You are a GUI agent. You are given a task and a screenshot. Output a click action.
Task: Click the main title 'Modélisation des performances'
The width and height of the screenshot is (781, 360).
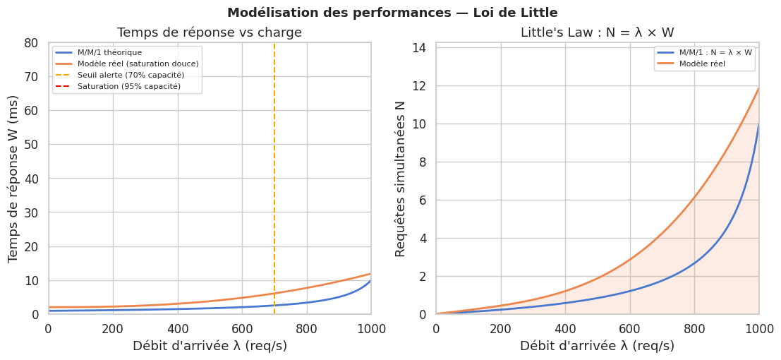pos(392,13)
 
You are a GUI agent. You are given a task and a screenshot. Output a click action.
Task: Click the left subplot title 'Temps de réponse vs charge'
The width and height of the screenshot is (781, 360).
pos(210,32)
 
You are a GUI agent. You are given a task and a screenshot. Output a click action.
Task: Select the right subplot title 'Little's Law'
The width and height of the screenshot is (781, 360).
pos(597,32)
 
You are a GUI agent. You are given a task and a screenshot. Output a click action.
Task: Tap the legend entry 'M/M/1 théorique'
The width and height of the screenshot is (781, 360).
pos(109,52)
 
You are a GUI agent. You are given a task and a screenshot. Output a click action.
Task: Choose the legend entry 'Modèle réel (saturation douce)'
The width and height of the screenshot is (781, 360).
pos(138,64)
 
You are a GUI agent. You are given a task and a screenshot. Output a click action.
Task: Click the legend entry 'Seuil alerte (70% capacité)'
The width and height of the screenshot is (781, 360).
pos(131,75)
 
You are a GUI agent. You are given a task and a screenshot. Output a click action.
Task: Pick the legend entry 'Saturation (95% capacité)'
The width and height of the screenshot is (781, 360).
pos(128,86)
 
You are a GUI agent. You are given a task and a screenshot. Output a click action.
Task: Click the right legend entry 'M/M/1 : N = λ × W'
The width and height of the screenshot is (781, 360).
pos(715,52)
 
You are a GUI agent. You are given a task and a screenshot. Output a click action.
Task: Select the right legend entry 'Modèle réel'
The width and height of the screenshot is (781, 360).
pos(702,64)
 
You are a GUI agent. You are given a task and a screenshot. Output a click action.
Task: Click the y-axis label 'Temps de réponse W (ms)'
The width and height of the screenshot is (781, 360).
pos(14,179)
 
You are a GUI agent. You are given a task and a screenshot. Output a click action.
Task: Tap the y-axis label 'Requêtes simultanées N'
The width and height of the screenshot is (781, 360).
pos(401,179)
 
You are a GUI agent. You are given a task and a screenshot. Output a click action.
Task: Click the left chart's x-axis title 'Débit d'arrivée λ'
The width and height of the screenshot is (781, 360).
pos(210,346)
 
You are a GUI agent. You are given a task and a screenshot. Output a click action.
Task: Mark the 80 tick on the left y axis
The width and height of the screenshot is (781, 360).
pos(31,42)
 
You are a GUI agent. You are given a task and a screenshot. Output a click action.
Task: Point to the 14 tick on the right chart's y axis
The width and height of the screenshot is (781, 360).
pos(419,48)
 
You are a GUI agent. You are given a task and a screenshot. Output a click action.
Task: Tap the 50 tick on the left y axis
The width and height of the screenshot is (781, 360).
pos(31,145)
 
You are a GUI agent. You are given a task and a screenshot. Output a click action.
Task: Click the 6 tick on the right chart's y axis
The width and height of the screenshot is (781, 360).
pos(423,200)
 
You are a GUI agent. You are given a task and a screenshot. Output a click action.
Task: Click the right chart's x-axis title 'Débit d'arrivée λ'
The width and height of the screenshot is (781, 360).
pos(597,346)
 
